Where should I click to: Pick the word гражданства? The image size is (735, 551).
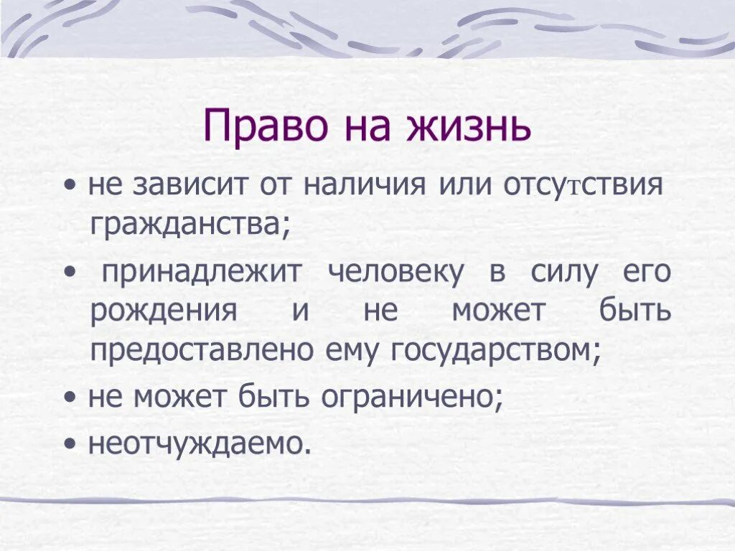[189, 226]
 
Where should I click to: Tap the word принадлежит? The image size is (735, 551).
[204, 273]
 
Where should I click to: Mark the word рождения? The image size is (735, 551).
[164, 312]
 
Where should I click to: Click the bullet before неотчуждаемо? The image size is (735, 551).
[70, 445]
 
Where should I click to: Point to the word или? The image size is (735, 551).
[459, 187]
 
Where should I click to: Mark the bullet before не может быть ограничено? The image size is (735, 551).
[70, 397]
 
